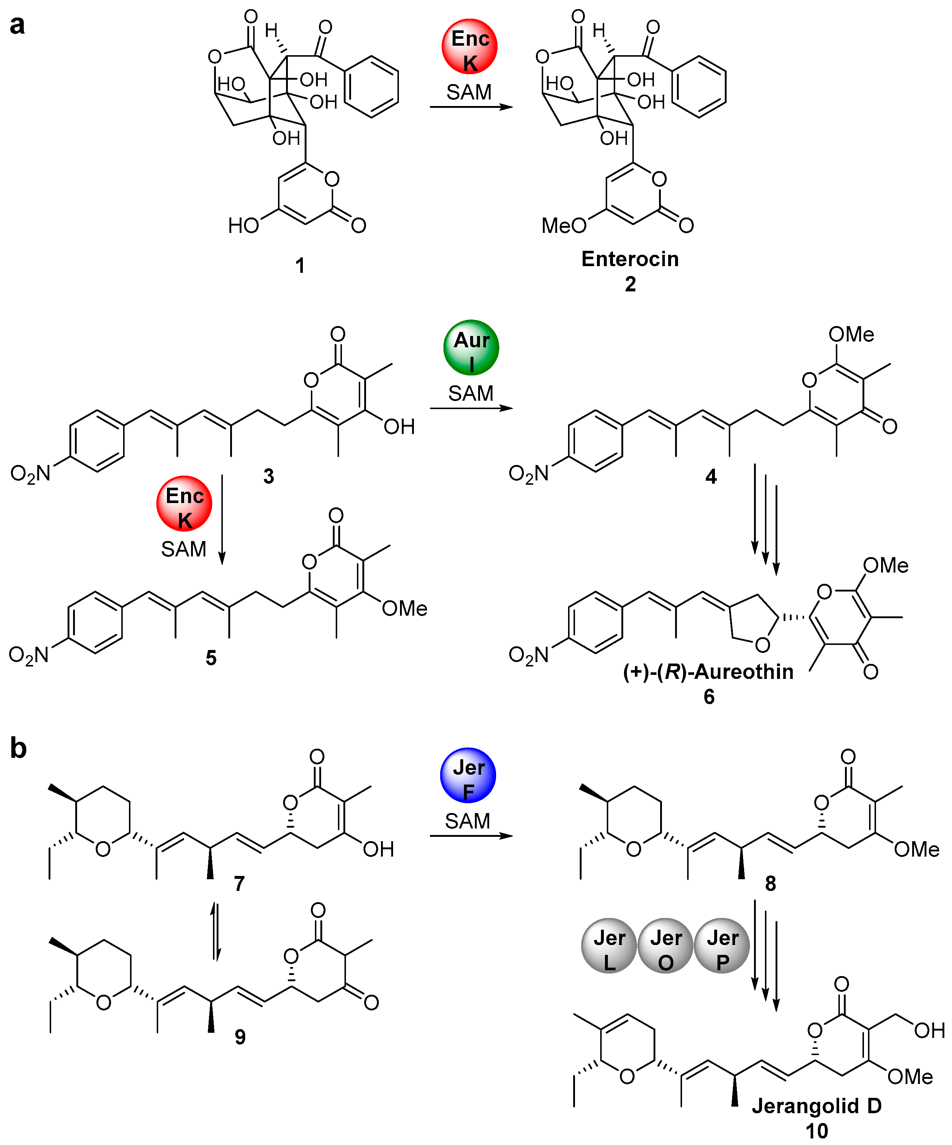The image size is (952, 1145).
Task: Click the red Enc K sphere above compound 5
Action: click(x=184, y=504)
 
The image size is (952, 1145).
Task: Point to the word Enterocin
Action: click(x=630, y=259)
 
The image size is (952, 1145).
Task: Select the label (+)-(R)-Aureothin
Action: click(x=708, y=672)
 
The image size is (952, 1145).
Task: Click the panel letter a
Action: click(x=17, y=25)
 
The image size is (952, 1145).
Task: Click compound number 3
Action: click(x=269, y=476)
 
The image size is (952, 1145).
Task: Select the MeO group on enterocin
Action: click(x=563, y=225)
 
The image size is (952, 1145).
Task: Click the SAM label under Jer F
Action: click(x=468, y=821)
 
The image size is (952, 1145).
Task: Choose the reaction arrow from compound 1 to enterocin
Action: click(x=471, y=107)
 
